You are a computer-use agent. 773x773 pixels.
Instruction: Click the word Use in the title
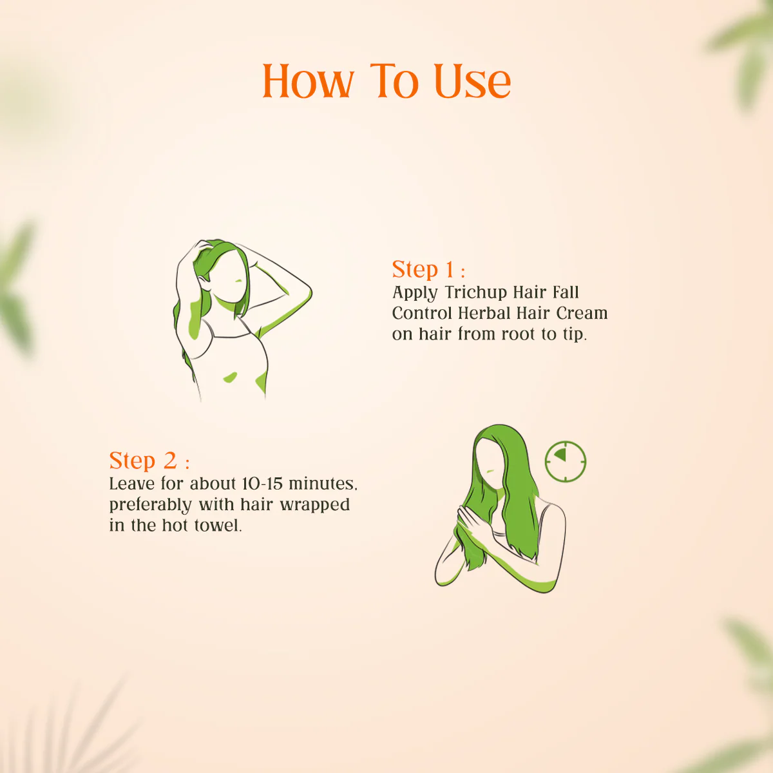(473, 81)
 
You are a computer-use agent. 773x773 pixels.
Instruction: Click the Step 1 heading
(428, 269)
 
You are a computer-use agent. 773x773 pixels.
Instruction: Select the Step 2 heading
(149, 461)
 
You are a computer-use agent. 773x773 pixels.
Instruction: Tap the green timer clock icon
(566, 462)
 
